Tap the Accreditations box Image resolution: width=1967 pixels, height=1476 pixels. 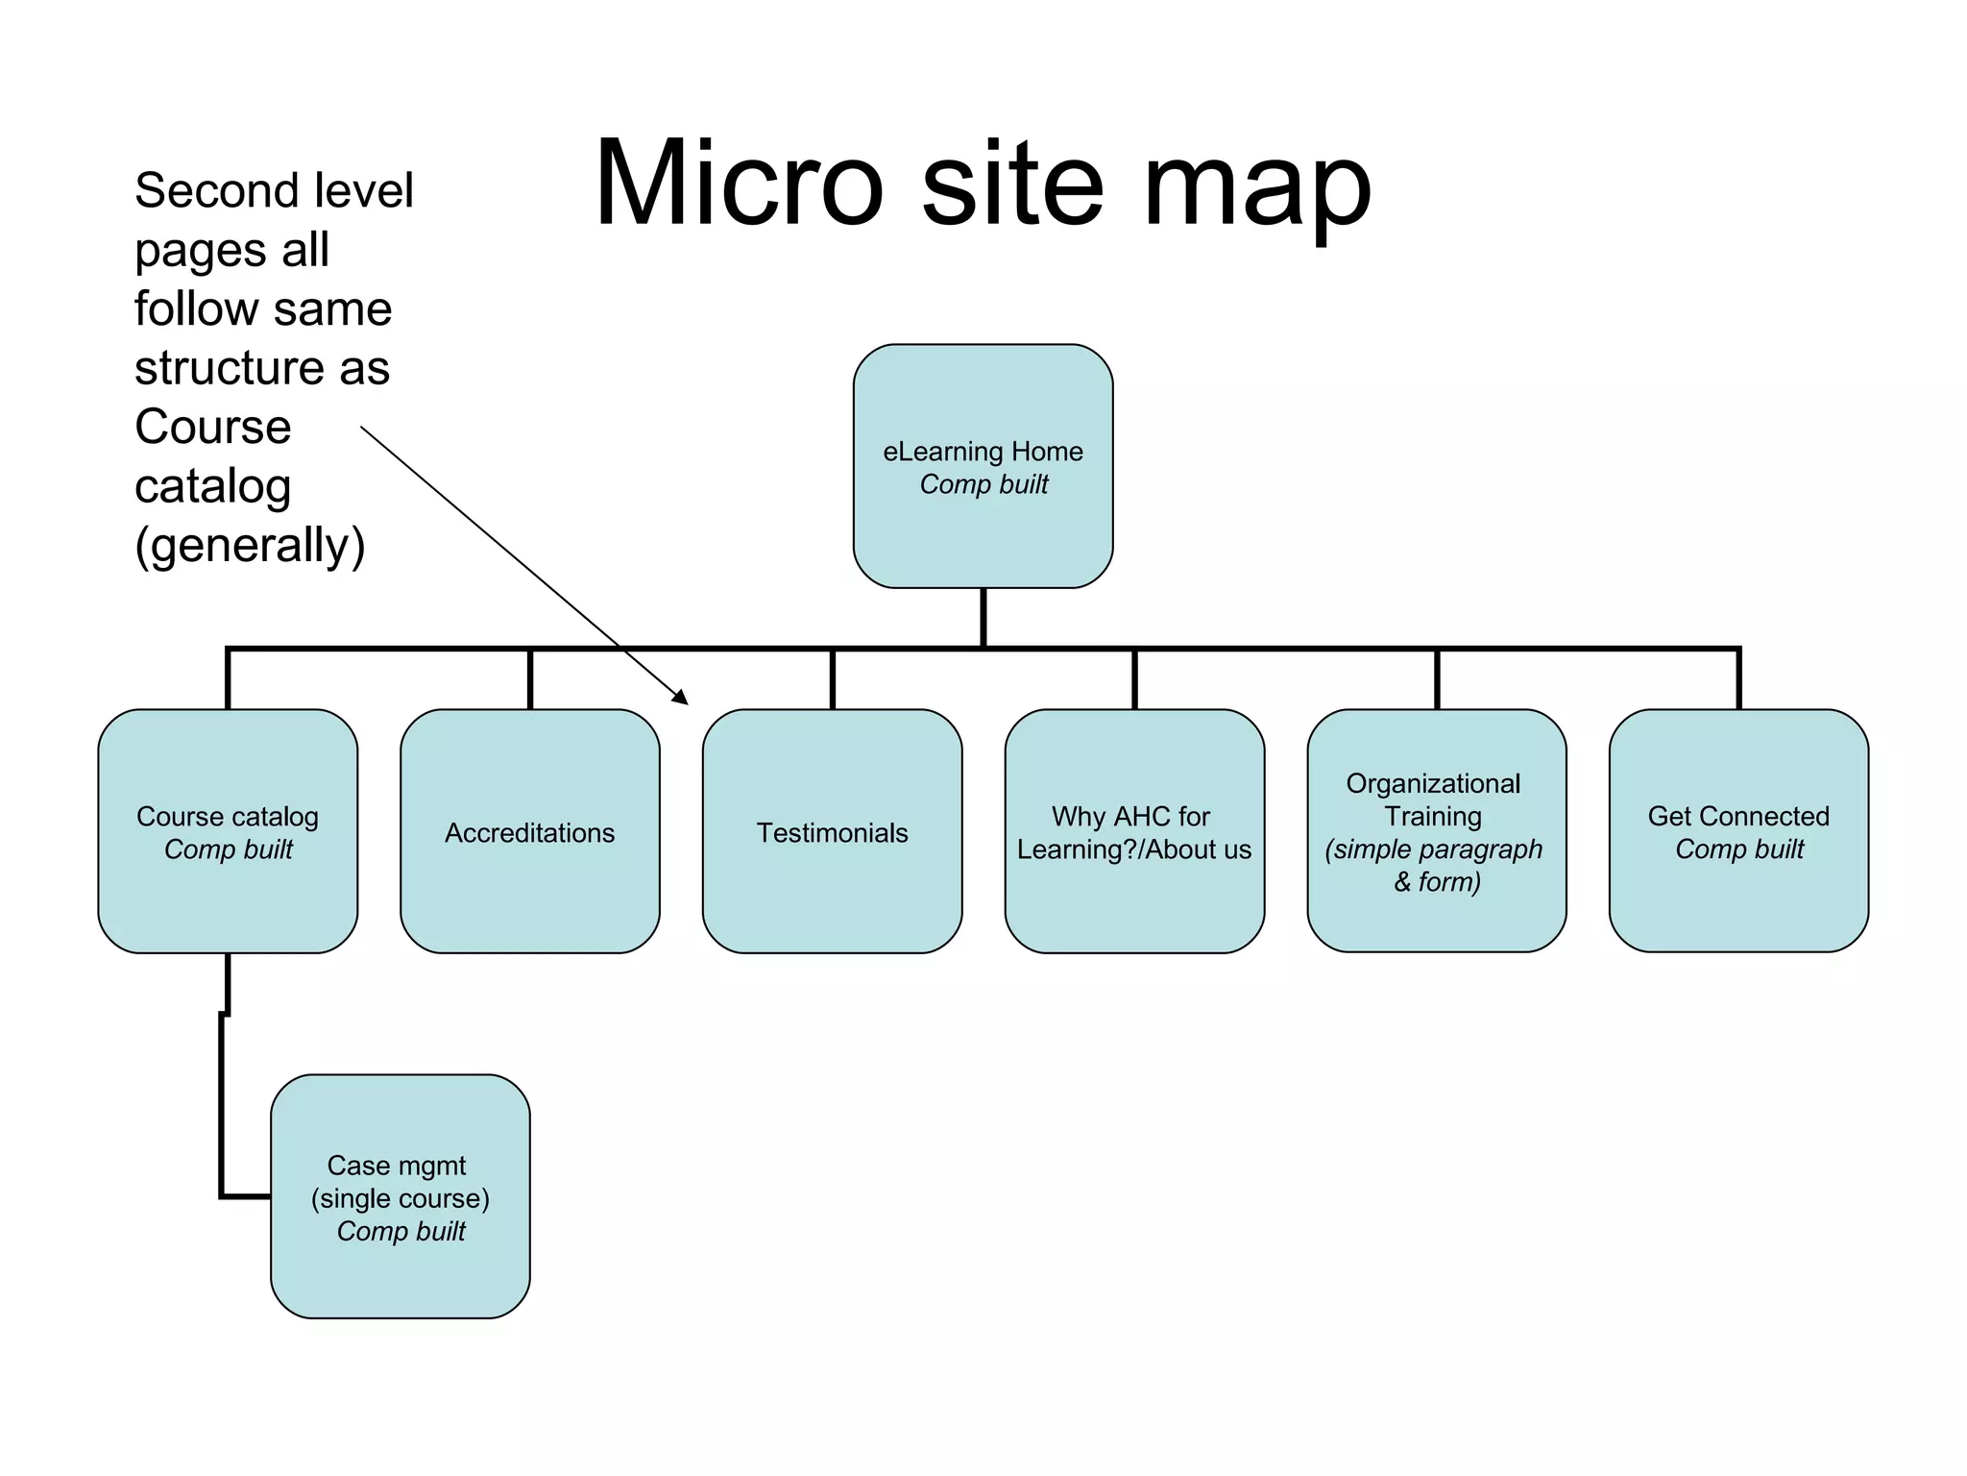click(x=529, y=832)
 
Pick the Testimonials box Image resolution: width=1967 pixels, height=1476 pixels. click(x=832, y=832)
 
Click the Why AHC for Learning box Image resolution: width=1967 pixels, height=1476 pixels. click(x=1133, y=832)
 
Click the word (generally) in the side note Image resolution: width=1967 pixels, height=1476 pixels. click(x=250, y=545)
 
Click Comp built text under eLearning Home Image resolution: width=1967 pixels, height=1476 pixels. click(x=983, y=484)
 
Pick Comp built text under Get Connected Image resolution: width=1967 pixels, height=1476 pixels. click(x=1739, y=849)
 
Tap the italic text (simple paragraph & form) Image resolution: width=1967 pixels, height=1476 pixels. click(x=1435, y=865)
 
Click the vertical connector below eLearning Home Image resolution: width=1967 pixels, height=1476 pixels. click(x=983, y=617)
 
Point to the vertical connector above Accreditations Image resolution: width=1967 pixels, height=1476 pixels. click(x=530, y=679)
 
